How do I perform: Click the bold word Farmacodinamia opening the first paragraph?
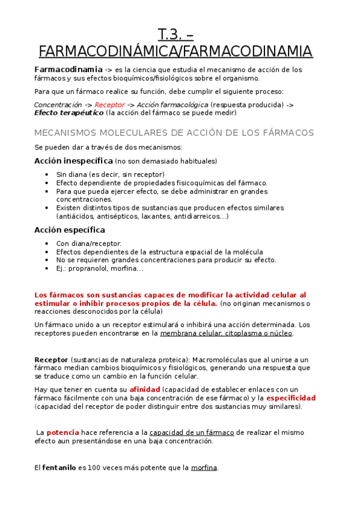pyautogui.click(x=68, y=69)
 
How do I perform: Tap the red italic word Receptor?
pyautogui.click(x=109, y=105)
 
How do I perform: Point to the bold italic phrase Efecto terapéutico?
pyautogui.click(x=69, y=112)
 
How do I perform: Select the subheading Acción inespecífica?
pyautogui.click(x=73, y=161)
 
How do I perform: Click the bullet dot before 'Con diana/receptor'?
pyautogui.click(x=47, y=244)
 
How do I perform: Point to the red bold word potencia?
pyautogui.click(x=63, y=432)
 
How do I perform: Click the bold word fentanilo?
pyautogui.click(x=59, y=467)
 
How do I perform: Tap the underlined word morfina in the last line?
pyautogui.click(x=204, y=467)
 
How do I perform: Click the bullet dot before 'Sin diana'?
pyautogui.click(x=47, y=174)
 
